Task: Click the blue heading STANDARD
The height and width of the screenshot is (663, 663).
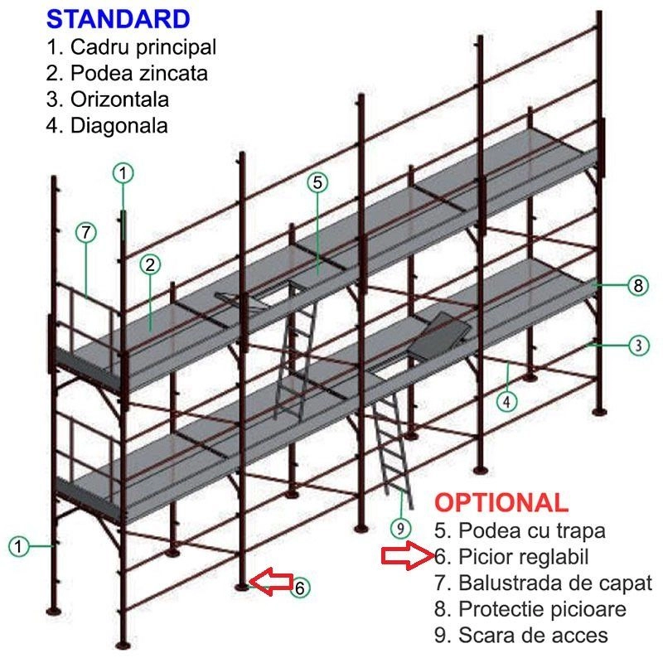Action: (x=119, y=17)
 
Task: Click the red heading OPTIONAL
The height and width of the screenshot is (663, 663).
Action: (x=501, y=502)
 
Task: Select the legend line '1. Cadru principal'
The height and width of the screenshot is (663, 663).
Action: (x=132, y=46)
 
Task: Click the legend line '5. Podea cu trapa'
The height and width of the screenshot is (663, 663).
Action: (x=520, y=530)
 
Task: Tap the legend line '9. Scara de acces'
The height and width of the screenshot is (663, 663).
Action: (x=520, y=636)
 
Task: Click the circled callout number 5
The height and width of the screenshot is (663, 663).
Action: (x=319, y=182)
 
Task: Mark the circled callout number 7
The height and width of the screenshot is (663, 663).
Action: (x=86, y=233)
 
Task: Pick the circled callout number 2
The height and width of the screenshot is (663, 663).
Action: (x=149, y=265)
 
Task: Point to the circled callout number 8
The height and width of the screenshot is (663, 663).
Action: (x=636, y=286)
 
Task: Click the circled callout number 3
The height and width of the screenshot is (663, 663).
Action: (x=636, y=346)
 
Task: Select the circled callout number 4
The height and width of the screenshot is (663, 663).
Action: (x=507, y=401)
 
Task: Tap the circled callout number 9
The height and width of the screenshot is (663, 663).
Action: (x=400, y=527)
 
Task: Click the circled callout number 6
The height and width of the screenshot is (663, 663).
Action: (x=300, y=587)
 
